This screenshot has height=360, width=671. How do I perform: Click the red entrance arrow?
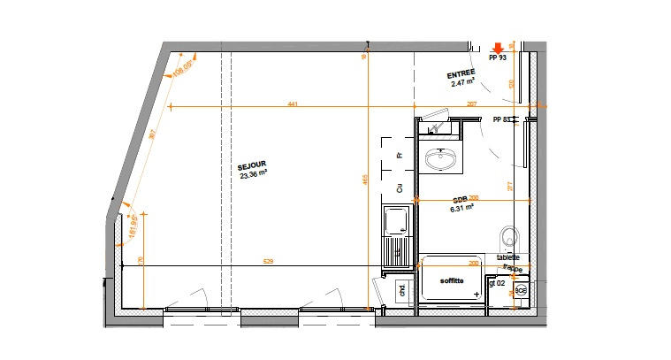pos(499,48)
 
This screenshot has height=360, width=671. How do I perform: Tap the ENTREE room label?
pos(461,73)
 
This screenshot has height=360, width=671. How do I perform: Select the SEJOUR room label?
pos(252,165)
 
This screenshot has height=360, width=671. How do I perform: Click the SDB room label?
pos(461,199)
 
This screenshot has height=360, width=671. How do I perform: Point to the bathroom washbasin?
pos(441,159)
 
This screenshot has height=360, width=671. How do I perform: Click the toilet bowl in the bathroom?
pos(508,236)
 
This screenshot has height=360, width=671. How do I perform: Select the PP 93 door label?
pos(497,58)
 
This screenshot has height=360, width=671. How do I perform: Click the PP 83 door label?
pos(502,119)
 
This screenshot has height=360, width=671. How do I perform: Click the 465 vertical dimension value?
pos(364,180)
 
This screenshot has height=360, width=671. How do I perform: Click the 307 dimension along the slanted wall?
pos(152,134)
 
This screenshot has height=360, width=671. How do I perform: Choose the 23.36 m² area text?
pos(253,175)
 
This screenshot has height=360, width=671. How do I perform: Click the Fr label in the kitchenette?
pos(400,155)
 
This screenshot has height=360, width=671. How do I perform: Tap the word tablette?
pos(508,257)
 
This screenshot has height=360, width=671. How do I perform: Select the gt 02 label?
pos(497,284)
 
